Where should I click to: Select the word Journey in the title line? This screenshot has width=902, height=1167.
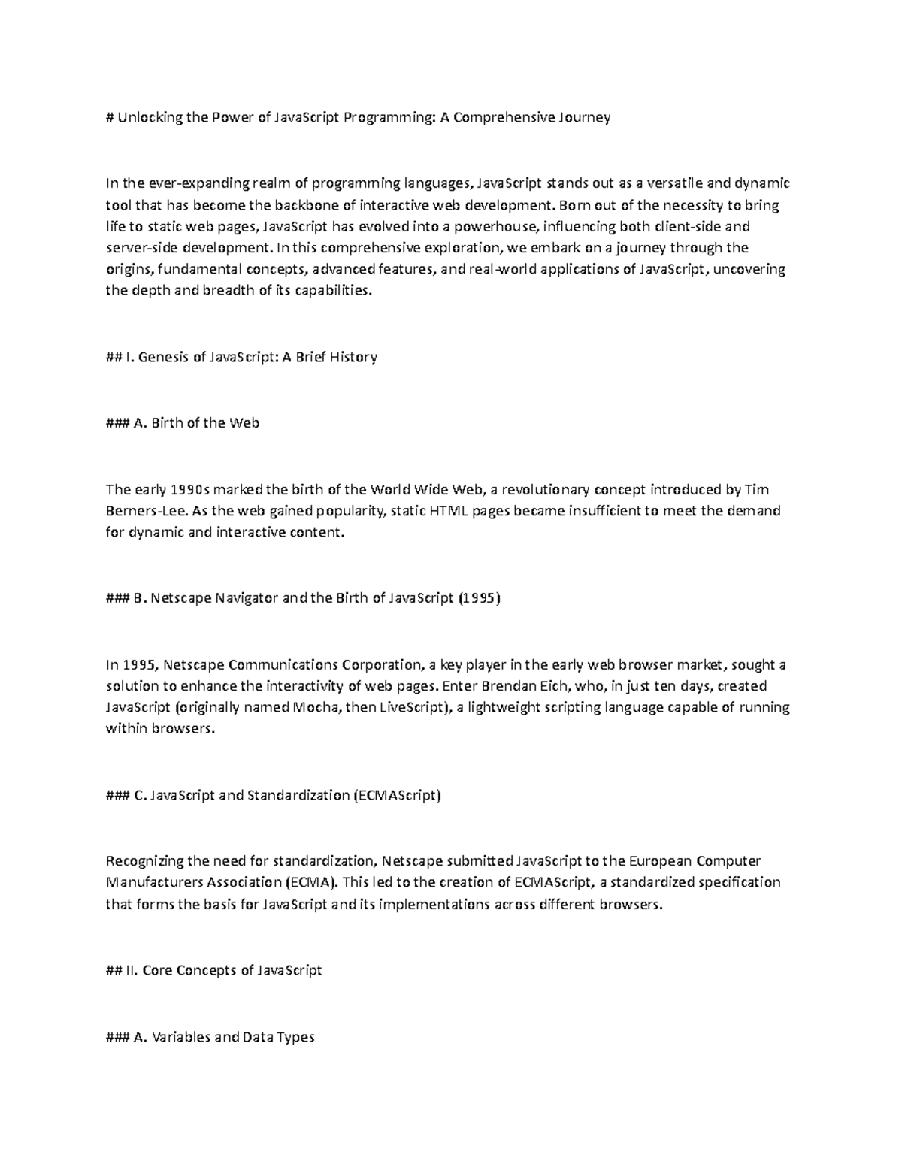coord(584,117)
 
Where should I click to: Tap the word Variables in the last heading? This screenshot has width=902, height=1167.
coord(181,1038)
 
